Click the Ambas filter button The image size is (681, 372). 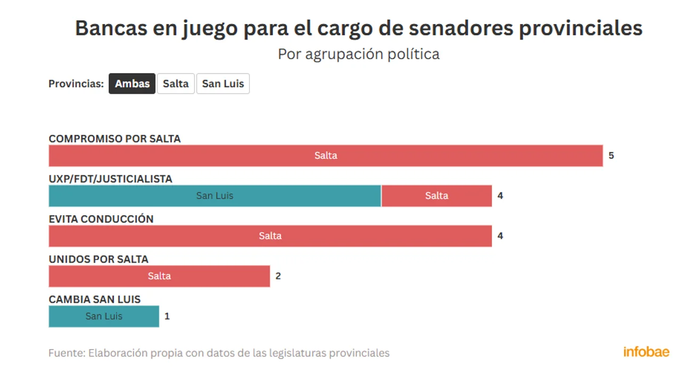click(x=132, y=84)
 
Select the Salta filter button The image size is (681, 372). click(x=176, y=84)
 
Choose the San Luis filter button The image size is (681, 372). click(x=223, y=84)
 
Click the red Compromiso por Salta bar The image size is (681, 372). click(x=326, y=156)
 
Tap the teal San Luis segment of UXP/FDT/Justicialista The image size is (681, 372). click(x=215, y=196)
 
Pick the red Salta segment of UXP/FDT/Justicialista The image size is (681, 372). click(x=436, y=196)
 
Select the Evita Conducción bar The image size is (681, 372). click(x=270, y=236)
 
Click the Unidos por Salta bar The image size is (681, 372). click(x=159, y=276)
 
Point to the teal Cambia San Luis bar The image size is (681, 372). click(x=104, y=316)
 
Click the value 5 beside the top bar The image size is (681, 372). click(x=611, y=156)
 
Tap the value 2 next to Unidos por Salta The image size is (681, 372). click(x=278, y=276)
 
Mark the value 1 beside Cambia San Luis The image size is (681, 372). click(x=167, y=316)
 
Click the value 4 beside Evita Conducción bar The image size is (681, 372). click(x=500, y=236)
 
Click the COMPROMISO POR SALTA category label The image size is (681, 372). click(x=114, y=139)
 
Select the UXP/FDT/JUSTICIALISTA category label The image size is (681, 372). click(x=110, y=179)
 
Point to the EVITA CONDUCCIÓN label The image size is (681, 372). click(x=101, y=219)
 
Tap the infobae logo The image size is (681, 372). click(x=646, y=352)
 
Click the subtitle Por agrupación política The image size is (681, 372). click(x=359, y=54)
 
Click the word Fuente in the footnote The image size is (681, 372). click(x=66, y=353)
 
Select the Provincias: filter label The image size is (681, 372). click(x=76, y=84)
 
